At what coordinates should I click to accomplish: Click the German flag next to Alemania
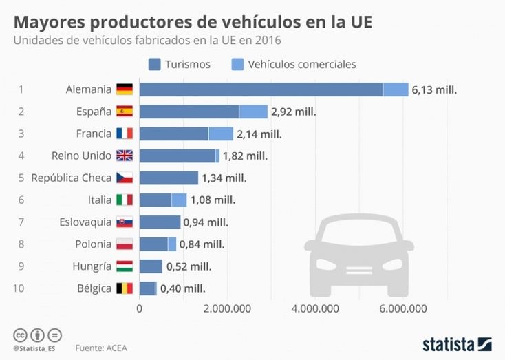(x=125, y=89)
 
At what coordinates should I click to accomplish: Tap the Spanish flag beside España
(x=125, y=112)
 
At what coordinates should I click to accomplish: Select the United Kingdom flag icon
(x=125, y=156)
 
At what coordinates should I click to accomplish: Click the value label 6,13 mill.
(x=435, y=89)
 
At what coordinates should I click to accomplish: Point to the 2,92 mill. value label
(x=294, y=112)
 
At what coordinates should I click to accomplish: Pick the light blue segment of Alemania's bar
(x=396, y=89)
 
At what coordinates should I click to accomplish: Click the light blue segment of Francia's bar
(x=221, y=134)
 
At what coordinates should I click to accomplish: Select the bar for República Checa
(x=169, y=178)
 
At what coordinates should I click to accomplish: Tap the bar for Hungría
(x=151, y=266)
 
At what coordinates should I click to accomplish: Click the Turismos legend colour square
(x=154, y=64)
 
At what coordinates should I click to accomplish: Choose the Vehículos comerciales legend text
(x=302, y=64)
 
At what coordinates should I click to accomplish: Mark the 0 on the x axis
(x=140, y=308)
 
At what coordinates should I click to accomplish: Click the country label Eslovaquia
(x=85, y=222)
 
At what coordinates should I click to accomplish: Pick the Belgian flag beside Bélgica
(x=125, y=288)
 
